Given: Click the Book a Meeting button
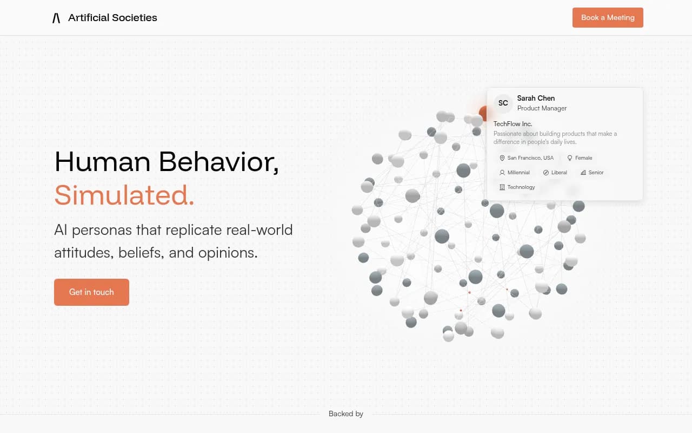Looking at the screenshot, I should [x=608, y=17].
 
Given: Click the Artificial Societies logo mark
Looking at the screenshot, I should [x=56, y=18].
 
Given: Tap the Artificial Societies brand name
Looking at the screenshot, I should [x=112, y=18].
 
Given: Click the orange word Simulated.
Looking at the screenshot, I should [x=124, y=195].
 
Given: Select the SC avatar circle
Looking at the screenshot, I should [x=503, y=103].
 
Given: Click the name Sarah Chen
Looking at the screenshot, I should [x=536, y=98].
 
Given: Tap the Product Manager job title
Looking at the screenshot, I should [x=542, y=108].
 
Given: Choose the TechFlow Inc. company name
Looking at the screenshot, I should [x=513, y=124].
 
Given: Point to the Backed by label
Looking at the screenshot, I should [x=346, y=414].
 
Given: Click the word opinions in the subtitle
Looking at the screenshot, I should [x=228, y=253].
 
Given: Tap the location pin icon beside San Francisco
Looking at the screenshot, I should [x=502, y=158].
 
